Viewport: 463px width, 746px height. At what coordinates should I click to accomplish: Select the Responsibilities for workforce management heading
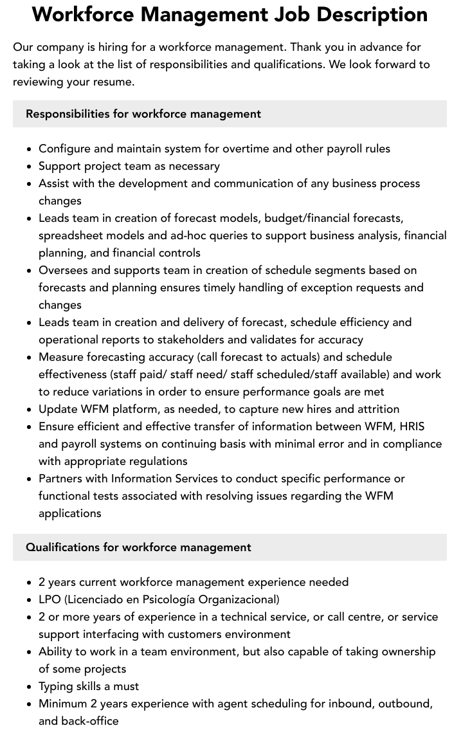143,114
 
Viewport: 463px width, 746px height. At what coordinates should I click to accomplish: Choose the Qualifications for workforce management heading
138,547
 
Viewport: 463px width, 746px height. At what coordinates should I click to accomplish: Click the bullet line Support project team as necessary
129,166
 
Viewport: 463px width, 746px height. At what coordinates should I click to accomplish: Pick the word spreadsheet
70,235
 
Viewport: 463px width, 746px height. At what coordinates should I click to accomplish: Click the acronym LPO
50,599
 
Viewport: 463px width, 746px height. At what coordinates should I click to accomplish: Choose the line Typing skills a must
89,686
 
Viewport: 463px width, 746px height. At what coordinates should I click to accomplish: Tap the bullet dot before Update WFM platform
30,410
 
